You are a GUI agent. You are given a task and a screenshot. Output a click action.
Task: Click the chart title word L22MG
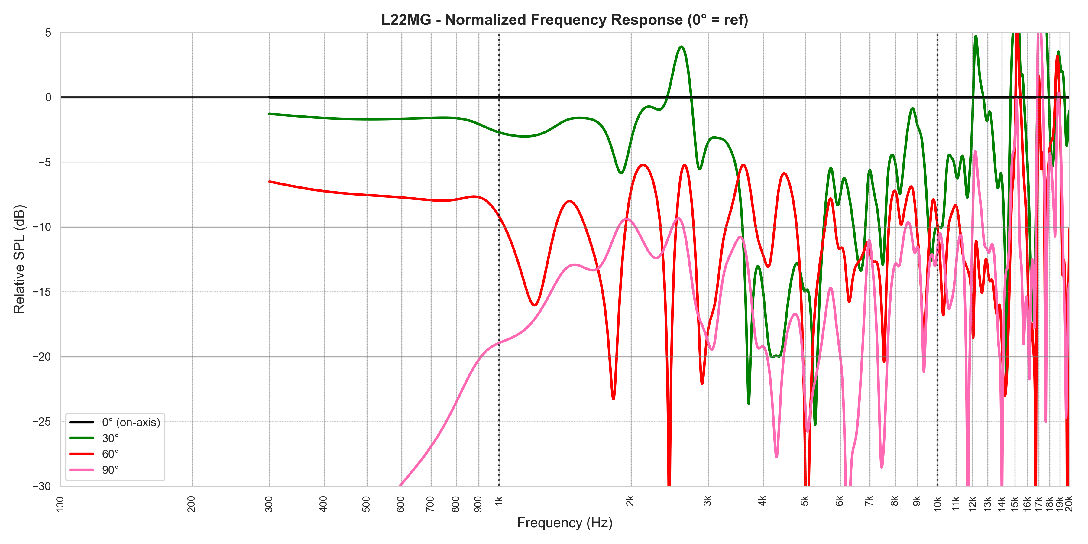pos(406,20)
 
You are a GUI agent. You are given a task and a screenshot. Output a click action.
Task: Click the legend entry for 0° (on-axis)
pos(131,423)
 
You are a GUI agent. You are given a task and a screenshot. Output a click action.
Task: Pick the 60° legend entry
pos(110,454)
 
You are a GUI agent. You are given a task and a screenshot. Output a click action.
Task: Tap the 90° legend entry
pos(110,470)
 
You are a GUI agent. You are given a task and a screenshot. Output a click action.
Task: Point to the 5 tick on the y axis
pos(48,33)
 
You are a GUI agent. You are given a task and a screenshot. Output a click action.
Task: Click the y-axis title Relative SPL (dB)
pos(19,259)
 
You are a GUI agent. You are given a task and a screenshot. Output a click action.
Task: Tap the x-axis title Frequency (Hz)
pos(565,523)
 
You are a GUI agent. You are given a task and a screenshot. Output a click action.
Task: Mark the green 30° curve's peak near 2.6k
pos(681,47)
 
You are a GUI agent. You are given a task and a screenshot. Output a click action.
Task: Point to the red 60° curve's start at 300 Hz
pos(270,182)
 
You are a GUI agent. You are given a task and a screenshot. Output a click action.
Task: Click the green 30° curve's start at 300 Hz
pos(270,114)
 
